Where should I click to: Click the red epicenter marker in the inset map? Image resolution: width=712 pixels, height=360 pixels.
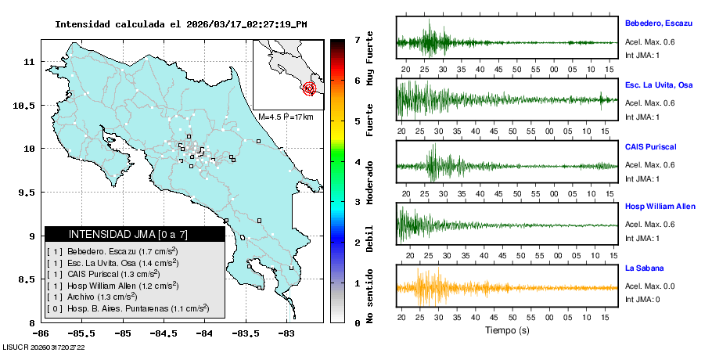pyautogui.click(x=309, y=88)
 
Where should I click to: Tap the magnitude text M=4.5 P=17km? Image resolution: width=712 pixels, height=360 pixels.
pyautogui.click(x=286, y=117)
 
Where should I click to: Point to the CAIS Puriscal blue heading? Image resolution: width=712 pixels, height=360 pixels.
pyautogui.click(x=650, y=146)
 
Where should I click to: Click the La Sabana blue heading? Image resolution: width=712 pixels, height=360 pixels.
pyautogui.click(x=644, y=268)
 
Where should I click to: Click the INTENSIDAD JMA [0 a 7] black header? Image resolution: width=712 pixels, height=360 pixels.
pyautogui.click(x=135, y=234)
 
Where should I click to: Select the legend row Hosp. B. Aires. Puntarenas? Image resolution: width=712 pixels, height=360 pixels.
pyautogui.click(x=128, y=309)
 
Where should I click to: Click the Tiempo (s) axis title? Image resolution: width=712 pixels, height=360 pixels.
pyautogui.click(x=507, y=330)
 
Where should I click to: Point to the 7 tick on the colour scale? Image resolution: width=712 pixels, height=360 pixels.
pyautogui.click(x=357, y=39)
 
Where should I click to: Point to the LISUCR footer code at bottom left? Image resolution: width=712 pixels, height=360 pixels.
pyautogui.click(x=44, y=347)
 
